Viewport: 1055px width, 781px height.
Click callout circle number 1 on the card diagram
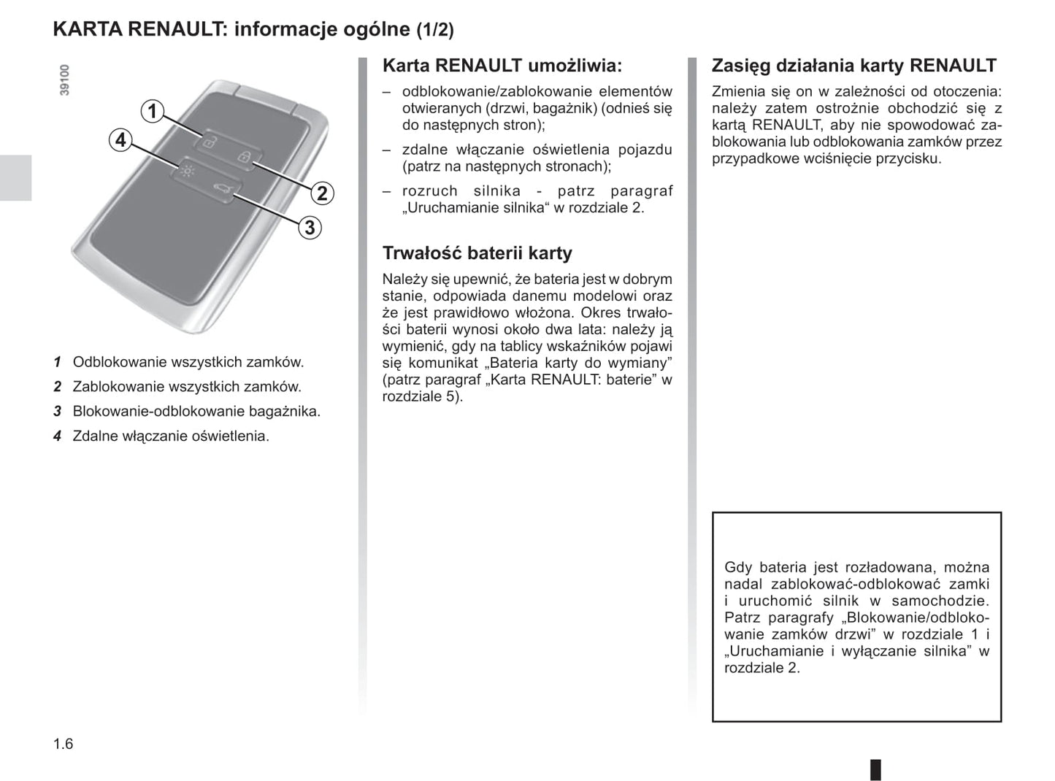pos(152,112)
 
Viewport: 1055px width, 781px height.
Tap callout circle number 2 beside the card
pos(322,193)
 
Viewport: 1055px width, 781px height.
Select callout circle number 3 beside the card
pos(310,228)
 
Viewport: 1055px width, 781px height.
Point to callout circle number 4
pos(120,139)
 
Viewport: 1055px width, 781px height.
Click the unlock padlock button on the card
pos(209,142)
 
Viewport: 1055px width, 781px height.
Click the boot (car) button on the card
pos(220,191)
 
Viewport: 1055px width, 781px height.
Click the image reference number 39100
pos(65,80)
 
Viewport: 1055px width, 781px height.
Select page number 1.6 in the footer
pos(64,744)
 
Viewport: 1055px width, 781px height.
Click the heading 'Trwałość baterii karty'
pos(477,253)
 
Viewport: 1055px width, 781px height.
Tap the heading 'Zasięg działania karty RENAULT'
pos(853,66)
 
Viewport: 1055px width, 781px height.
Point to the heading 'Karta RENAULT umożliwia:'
pos(502,66)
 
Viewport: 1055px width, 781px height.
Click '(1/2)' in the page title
pos(435,30)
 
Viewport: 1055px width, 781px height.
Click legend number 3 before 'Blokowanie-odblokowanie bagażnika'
pos(57,412)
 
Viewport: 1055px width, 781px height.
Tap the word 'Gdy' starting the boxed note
pos(738,567)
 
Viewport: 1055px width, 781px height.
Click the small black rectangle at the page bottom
pos(875,769)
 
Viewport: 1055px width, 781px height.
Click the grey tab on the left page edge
pos(15,177)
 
